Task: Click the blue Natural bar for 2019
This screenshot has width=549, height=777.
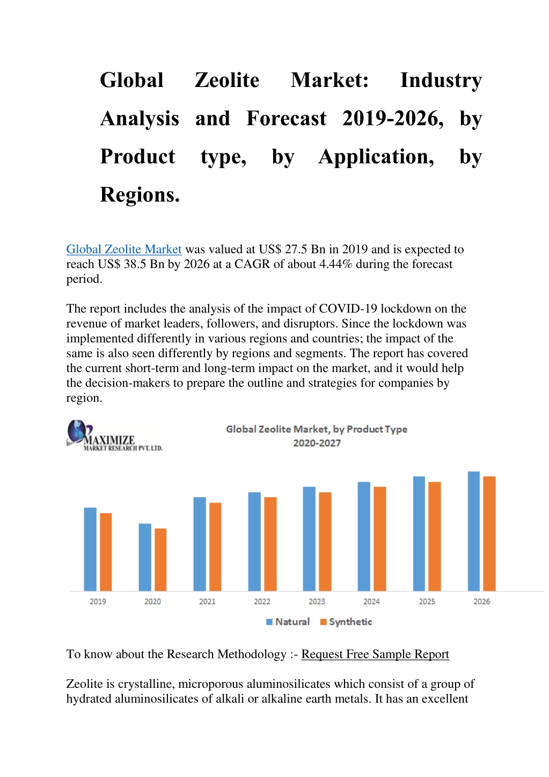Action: tap(90, 549)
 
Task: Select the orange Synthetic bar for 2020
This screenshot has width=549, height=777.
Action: tap(160, 560)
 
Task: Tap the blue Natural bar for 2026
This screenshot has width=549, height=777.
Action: tap(474, 531)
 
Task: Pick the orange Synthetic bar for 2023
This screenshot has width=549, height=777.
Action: tap(325, 541)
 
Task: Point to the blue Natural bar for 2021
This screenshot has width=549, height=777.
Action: tap(200, 544)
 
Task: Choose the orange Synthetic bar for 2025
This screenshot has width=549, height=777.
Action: tap(435, 536)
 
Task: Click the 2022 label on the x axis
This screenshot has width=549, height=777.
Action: tap(262, 601)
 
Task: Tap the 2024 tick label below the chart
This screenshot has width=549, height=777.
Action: tap(371, 601)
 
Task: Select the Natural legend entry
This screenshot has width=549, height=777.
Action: tap(288, 622)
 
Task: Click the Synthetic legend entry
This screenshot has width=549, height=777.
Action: tap(346, 622)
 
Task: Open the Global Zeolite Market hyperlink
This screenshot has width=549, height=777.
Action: tap(124, 249)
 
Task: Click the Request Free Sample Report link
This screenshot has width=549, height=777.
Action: tap(375, 654)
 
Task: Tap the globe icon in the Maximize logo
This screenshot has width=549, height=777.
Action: tap(77, 431)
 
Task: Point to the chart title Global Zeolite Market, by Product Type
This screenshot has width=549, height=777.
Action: tap(317, 430)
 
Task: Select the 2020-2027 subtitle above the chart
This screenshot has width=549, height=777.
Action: tap(317, 443)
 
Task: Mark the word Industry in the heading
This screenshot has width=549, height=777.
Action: tap(441, 81)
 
